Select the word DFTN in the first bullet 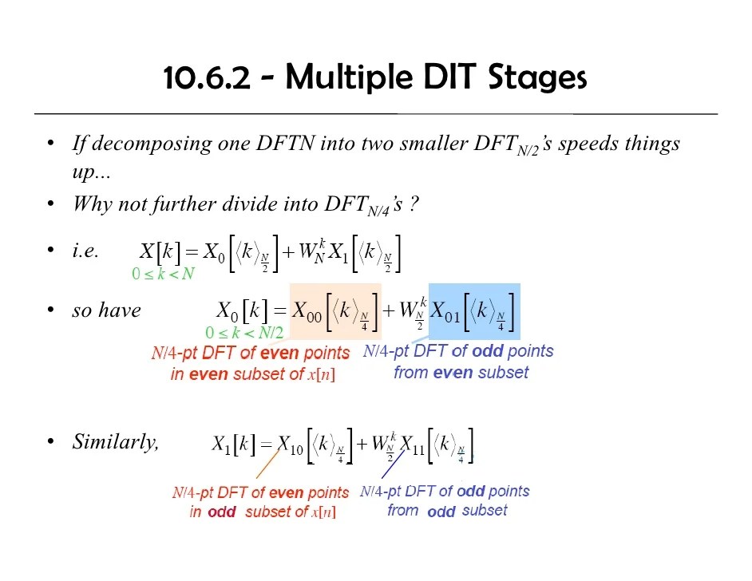click(287, 144)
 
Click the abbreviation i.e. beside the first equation click(85, 251)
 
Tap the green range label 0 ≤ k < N click(163, 274)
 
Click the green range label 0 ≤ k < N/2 click(244, 333)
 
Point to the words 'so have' click(105, 310)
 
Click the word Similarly click(115, 441)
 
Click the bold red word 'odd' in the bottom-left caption click(222, 512)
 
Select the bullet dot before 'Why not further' click(51, 204)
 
